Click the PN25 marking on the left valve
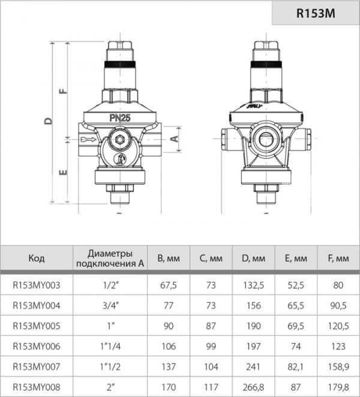(120, 118)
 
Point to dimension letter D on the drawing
(49, 121)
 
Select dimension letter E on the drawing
(62, 173)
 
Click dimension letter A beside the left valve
(175, 138)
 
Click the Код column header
(37, 259)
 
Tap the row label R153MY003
(37, 285)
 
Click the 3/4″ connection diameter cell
(110, 306)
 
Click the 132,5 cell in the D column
(253, 285)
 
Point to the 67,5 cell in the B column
(168, 285)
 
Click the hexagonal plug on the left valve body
(120, 142)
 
